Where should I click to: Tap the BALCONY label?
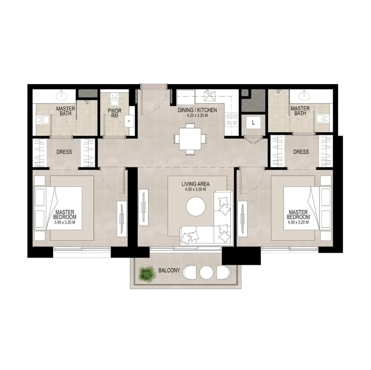(x=169, y=271)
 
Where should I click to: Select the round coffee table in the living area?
(x=196, y=206)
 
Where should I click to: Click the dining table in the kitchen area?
(x=190, y=139)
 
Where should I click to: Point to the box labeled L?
(x=253, y=123)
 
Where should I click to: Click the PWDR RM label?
(x=115, y=113)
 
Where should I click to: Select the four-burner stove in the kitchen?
(x=232, y=119)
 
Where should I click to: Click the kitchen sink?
(x=209, y=96)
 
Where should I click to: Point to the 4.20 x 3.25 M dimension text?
(x=197, y=116)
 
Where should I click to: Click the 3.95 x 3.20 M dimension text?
(x=65, y=222)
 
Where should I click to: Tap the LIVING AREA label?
(x=196, y=184)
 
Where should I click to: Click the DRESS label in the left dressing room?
(x=64, y=152)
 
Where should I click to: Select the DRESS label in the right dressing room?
(x=301, y=152)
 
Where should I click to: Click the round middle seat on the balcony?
(x=206, y=272)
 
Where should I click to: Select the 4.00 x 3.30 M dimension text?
(x=196, y=189)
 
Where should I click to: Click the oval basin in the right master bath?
(x=304, y=96)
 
